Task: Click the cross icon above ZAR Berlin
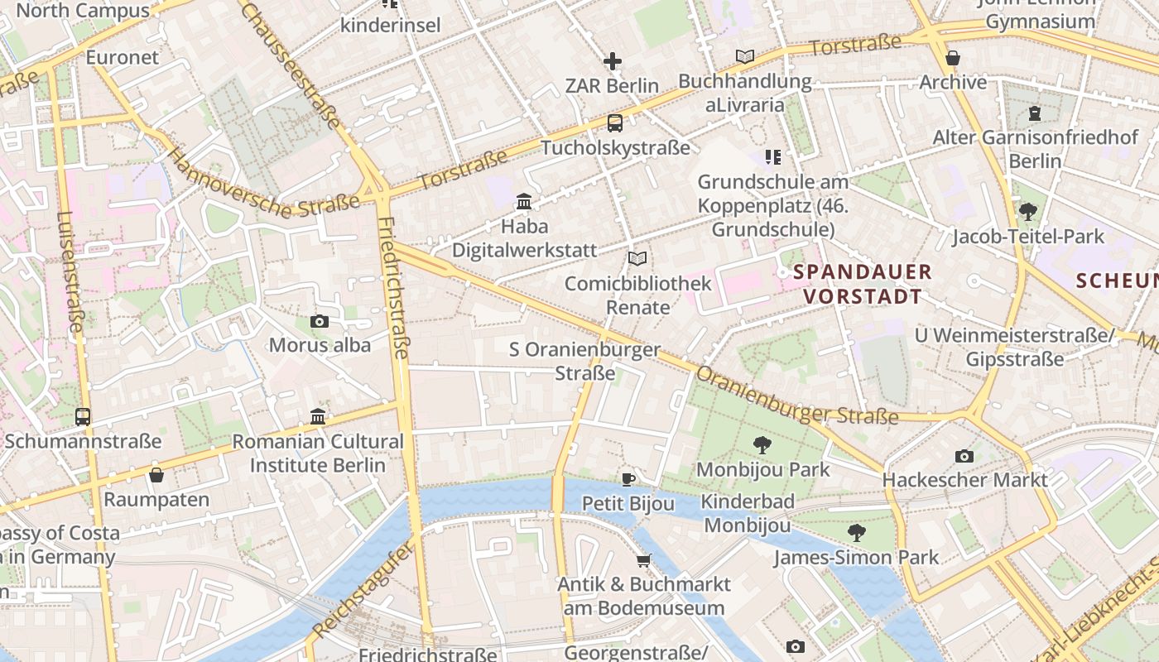[x=613, y=61]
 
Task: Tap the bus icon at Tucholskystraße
[x=614, y=123]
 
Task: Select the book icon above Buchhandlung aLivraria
[x=745, y=56]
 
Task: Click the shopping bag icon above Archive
[x=953, y=58]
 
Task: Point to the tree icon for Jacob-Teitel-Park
[x=1028, y=212]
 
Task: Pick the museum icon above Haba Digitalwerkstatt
[x=524, y=201]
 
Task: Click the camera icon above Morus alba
[x=320, y=321]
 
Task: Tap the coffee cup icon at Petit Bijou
[x=628, y=478]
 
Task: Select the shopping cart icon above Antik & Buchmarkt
[x=643, y=560]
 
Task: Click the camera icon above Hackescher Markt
[x=964, y=456]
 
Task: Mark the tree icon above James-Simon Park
[x=856, y=532]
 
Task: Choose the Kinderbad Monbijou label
[x=748, y=513]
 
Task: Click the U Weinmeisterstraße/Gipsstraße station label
[x=1014, y=347]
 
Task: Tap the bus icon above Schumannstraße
[x=83, y=416]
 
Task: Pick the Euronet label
[x=123, y=57]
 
